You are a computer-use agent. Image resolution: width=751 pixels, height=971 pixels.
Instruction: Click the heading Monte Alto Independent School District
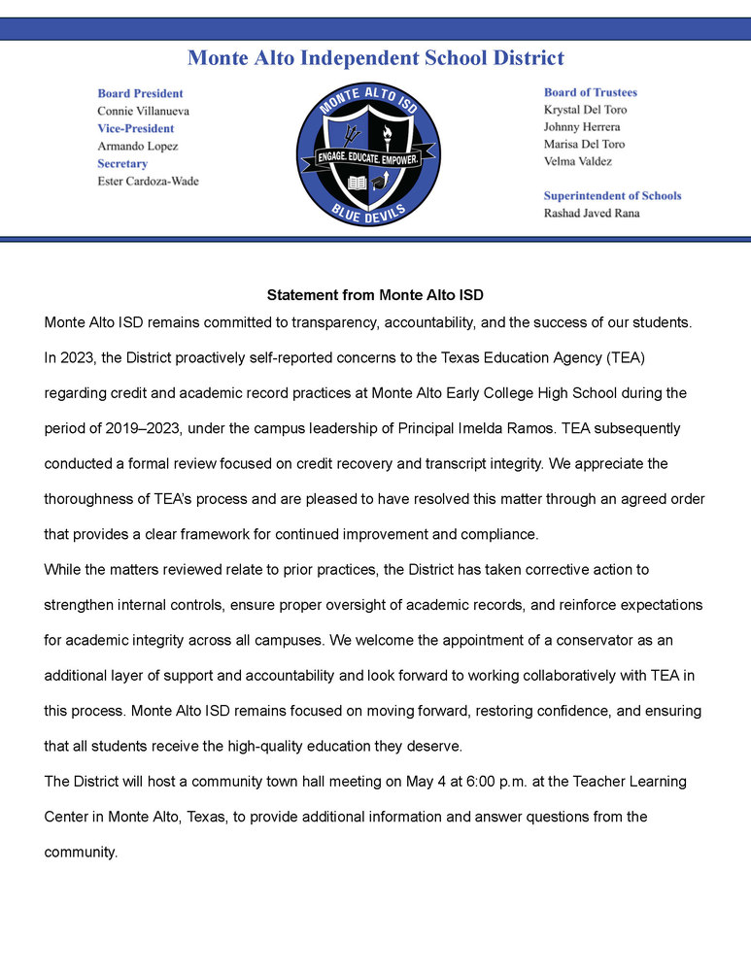pyautogui.click(x=375, y=58)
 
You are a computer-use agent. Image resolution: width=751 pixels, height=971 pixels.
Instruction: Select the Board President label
pyautogui.click(x=140, y=93)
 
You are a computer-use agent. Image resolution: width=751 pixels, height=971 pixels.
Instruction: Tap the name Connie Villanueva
pyautogui.click(x=143, y=111)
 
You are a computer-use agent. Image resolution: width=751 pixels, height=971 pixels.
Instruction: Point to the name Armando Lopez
pyautogui.click(x=137, y=146)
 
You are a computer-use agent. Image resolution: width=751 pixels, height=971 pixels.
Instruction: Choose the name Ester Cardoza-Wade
pyautogui.click(x=148, y=181)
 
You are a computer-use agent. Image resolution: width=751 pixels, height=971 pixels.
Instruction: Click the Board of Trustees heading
pyautogui.click(x=590, y=92)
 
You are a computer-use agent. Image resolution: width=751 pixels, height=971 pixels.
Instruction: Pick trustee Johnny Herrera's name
pyautogui.click(x=581, y=127)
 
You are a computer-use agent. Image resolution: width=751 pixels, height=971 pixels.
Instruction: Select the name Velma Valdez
pyautogui.click(x=577, y=161)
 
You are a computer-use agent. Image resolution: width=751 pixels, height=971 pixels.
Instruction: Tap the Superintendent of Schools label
pyautogui.click(x=612, y=195)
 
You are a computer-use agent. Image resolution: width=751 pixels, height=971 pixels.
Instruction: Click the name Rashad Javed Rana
pyautogui.click(x=592, y=213)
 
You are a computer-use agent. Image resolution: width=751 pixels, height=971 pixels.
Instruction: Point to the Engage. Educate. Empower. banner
pyautogui.click(x=368, y=157)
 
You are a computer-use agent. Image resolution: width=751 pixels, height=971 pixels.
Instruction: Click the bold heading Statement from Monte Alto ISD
pyautogui.click(x=375, y=294)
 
